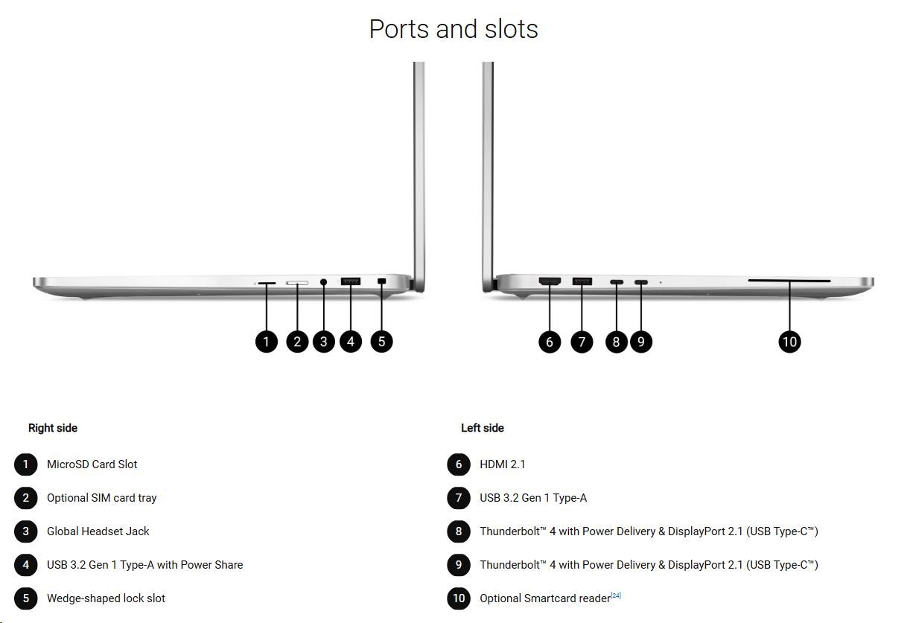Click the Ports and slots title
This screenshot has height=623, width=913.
454,29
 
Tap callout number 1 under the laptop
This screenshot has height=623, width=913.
266,342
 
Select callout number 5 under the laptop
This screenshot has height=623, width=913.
381,342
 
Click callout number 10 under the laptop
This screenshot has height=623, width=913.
789,342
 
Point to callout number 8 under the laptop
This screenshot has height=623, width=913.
616,342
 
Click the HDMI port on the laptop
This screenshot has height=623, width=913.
550,281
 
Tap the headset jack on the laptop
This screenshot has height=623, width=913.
323,282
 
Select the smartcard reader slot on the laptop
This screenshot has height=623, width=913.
789,281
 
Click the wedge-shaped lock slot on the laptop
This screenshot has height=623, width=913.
382,281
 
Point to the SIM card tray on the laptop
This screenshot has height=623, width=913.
298,283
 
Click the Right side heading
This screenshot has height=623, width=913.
53,428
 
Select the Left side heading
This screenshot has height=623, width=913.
483,428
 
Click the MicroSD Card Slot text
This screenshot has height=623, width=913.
92,464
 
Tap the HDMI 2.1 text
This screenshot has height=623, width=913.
503,464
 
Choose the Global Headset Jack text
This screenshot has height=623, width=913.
98,531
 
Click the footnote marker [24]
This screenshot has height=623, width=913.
616,595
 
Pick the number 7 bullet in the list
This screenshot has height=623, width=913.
459,498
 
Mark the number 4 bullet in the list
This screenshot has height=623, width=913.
25,565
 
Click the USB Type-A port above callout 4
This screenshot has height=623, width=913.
351,281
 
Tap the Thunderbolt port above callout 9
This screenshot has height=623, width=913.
641,282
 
